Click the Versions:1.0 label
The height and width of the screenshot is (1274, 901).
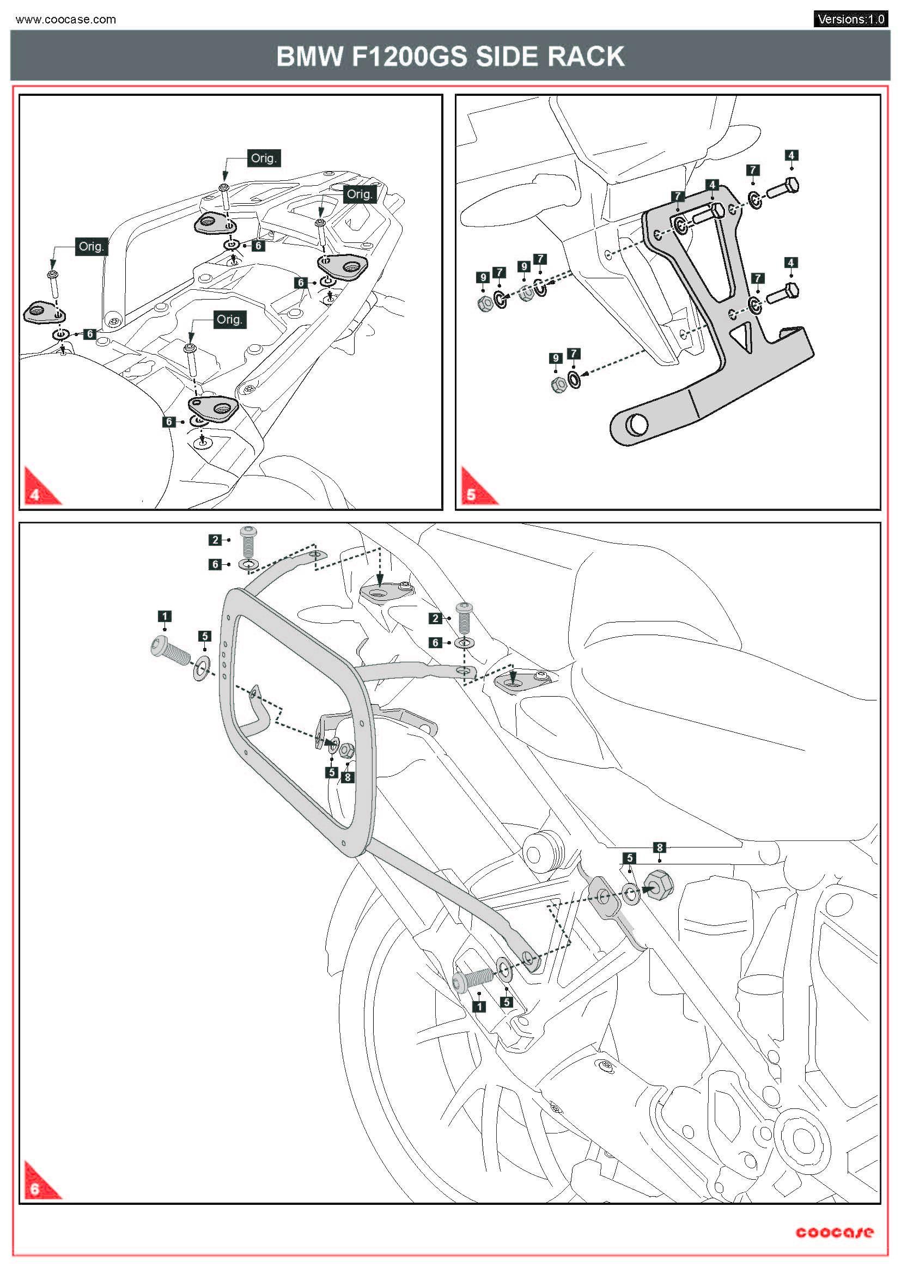(x=850, y=20)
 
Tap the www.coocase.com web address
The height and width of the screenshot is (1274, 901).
(x=65, y=20)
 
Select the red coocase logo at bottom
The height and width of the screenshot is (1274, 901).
(x=834, y=1233)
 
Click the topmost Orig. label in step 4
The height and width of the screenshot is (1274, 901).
(x=263, y=158)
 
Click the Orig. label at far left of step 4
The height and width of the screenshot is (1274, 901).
(x=91, y=246)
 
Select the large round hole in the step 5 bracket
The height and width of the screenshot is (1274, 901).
(x=636, y=425)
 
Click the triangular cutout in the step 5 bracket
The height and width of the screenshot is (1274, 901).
(x=742, y=337)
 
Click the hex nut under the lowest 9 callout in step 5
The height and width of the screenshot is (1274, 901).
(x=559, y=384)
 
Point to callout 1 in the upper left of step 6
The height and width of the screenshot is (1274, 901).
(x=164, y=616)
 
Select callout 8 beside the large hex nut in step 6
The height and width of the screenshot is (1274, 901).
(x=659, y=848)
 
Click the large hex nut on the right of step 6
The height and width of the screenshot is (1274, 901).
(x=659, y=883)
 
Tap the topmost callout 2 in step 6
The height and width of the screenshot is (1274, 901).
(x=216, y=540)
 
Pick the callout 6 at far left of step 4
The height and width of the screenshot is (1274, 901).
(x=90, y=334)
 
